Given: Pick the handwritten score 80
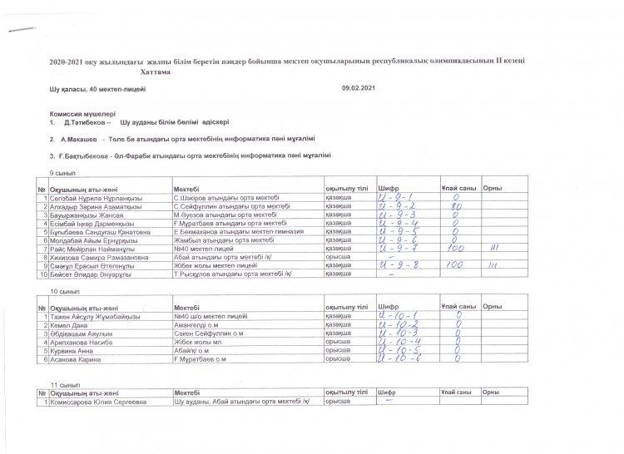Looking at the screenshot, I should (x=457, y=205).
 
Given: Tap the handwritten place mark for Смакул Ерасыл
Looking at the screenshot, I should (x=493, y=265).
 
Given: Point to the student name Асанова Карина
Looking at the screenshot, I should (x=76, y=358).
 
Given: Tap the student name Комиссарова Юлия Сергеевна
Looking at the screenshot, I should (x=98, y=402).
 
